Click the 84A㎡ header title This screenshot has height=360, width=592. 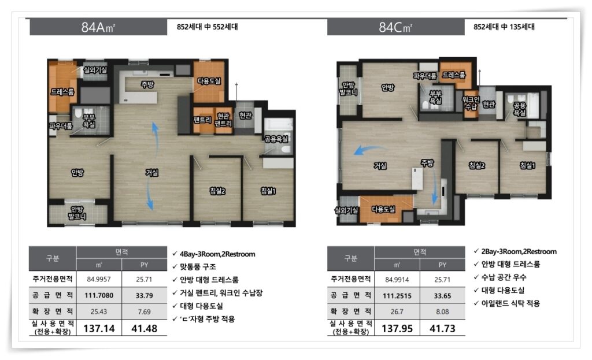pyautogui.click(x=98, y=27)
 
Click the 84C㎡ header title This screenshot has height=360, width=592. pyautogui.click(x=395, y=27)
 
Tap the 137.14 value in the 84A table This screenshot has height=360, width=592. pyautogui.click(x=99, y=328)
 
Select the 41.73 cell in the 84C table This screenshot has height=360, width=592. pyautogui.click(x=442, y=328)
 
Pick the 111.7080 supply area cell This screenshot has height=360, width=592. pyautogui.click(x=99, y=295)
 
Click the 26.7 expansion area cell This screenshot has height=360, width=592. pyautogui.click(x=397, y=311)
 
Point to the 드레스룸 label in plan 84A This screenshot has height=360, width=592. pyautogui.click(x=62, y=92)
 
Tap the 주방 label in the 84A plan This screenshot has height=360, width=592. pyautogui.click(x=147, y=84)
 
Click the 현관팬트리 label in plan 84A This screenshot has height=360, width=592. pyautogui.click(x=223, y=119)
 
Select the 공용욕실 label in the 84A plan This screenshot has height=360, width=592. pyautogui.click(x=276, y=139)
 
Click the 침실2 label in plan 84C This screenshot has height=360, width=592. pyautogui.click(x=476, y=165)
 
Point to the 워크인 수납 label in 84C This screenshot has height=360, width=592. pyautogui.click(x=471, y=103)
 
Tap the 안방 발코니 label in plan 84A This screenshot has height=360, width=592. pyautogui.click(x=77, y=213)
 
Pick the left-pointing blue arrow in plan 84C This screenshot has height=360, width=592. pyautogui.click(x=369, y=150)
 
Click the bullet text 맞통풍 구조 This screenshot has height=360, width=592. pyautogui.click(x=198, y=267)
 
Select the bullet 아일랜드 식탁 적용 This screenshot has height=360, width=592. pyautogui.click(x=510, y=303)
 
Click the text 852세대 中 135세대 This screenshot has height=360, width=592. pyautogui.click(x=504, y=27)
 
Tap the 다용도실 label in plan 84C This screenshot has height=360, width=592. pyautogui.click(x=383, y=209)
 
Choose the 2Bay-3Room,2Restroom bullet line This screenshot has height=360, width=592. pyautogui.click(x=519, y=252)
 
